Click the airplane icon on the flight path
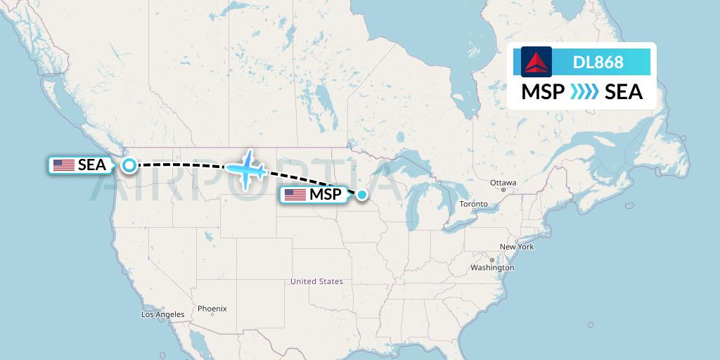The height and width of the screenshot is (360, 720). tap(246, 169)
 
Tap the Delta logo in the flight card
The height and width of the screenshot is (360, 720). tap(536, 62)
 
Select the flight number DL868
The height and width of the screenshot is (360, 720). tap(598, 62)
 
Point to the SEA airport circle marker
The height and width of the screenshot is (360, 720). tap(129, 165)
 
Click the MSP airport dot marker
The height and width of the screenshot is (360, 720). tap(362, 195)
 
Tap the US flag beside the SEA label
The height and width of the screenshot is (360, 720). tap(64, 165)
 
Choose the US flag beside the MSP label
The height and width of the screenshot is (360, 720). tap(295, 195)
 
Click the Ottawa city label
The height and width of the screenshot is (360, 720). tap(503, 183)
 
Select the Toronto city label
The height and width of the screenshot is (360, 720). tap(473, 204)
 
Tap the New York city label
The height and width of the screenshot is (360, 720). tap(517, 247)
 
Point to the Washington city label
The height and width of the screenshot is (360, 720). tap(492, 268)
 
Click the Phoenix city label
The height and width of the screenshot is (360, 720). tap(212, 309)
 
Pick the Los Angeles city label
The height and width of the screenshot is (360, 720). tap(162, 314)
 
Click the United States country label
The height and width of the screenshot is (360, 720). tap(317, 281)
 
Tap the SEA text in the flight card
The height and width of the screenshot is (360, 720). tap(624, 92)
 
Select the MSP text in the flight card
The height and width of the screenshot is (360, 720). tap(543, 92)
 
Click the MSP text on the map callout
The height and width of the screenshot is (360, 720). tap(325, 195)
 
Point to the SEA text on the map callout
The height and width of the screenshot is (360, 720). tap(92, 165)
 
